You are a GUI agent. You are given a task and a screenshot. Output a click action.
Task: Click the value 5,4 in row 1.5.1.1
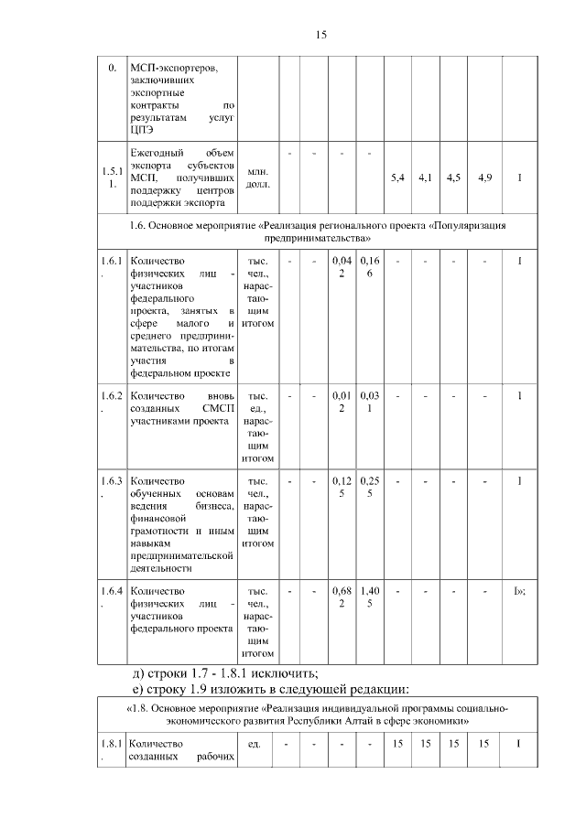(397, 177)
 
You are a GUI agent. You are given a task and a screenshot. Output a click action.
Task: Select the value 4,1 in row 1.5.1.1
(425, 177)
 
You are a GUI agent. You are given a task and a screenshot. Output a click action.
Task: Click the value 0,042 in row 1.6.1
(342, 268)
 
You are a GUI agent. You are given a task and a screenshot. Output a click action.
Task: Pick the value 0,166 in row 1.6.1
(369, 268)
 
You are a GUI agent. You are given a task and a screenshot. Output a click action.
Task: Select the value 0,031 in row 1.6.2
(369, 402)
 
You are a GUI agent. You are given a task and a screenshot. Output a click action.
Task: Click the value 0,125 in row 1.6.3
(342, 487)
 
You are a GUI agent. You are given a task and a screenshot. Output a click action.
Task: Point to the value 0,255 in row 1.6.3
(369, 487)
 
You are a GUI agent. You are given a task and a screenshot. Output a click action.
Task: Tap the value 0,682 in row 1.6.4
(342, 597)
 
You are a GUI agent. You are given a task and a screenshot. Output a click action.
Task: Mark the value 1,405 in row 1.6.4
(369, 597)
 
